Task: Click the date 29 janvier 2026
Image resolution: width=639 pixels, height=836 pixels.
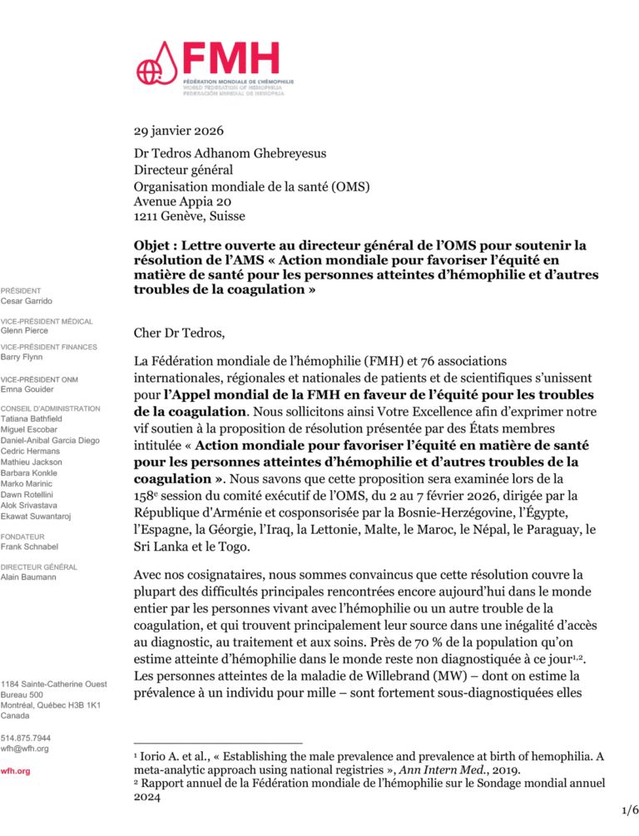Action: tap(178, 131)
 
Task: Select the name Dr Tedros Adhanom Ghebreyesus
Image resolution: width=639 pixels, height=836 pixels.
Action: tap(234, 154)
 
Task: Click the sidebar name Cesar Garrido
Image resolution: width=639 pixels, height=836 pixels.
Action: tap(26, 300)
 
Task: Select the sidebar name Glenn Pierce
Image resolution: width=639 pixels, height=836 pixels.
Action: tap(25, 330)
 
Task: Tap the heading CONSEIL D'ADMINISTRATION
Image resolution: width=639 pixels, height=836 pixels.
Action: tap(51, 408)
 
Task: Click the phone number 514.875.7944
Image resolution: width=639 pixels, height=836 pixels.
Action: tap(26, 738)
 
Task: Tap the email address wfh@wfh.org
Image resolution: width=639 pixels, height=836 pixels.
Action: tap(24, 749)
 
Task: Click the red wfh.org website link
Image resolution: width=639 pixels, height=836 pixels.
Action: tap(15, 771)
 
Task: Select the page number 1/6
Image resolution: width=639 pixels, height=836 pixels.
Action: tap(630, 809)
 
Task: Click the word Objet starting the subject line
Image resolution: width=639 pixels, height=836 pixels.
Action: tap(154, 246)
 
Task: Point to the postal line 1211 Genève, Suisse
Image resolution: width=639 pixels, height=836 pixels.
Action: tap(189, 216)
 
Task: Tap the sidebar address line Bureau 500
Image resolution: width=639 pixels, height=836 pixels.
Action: tap(22, 694)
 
